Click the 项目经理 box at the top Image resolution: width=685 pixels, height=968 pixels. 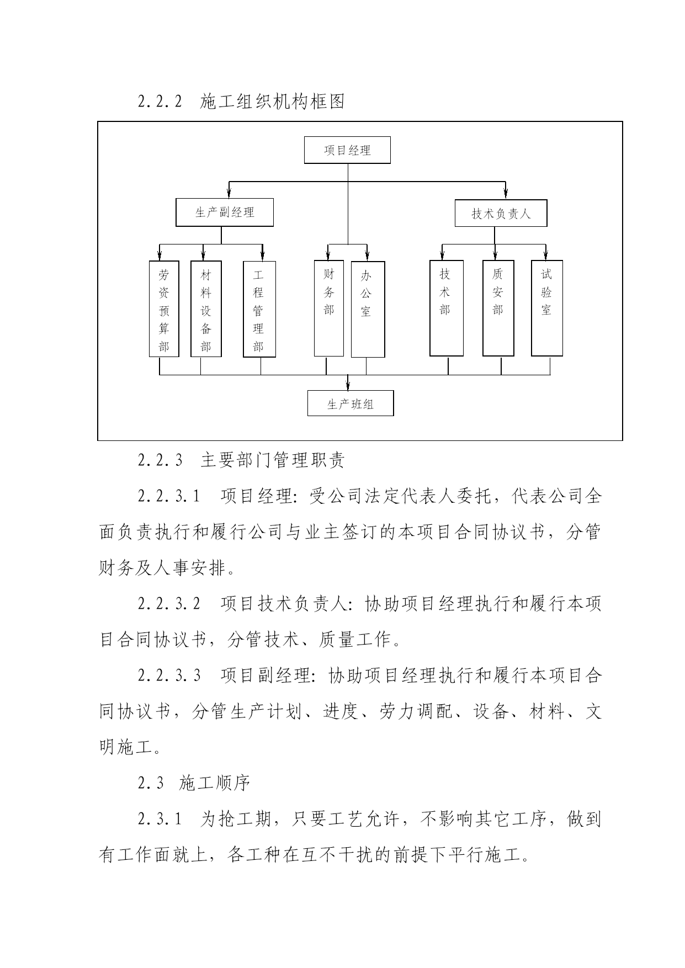[347, 150]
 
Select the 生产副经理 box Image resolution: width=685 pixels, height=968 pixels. [225, 212]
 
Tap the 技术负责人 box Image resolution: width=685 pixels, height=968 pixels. [501, 213]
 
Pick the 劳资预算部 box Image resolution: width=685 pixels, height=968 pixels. [164, 309]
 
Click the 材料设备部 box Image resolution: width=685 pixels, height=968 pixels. [206, 309]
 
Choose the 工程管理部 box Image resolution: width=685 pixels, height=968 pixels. [259, 309]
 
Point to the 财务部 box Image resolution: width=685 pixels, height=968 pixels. [329, 309]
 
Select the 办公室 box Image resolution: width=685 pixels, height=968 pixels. [368, 310]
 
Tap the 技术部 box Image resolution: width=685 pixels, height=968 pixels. [447, 309]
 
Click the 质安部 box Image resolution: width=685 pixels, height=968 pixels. [498, 309]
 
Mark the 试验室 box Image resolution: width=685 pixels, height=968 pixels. [547, 309]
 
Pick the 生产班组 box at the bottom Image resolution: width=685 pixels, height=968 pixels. [351, 403]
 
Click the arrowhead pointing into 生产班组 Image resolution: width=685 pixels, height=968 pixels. [348, 385]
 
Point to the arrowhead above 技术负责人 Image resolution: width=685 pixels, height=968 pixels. [505, 194]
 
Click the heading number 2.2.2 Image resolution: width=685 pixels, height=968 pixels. [160, 102]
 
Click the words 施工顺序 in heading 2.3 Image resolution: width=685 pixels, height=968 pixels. [215, 783]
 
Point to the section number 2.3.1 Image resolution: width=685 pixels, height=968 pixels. [160, 819]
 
